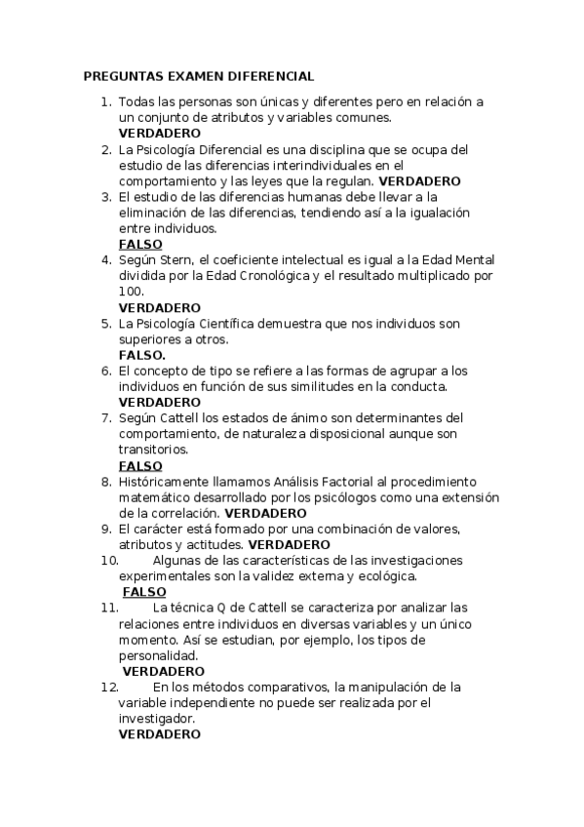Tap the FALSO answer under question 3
pos(140,244)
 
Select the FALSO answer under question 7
pos(140,466)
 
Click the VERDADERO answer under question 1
pos(159,133)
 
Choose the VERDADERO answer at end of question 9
pos(290,544)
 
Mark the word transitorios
pos(153,450)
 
